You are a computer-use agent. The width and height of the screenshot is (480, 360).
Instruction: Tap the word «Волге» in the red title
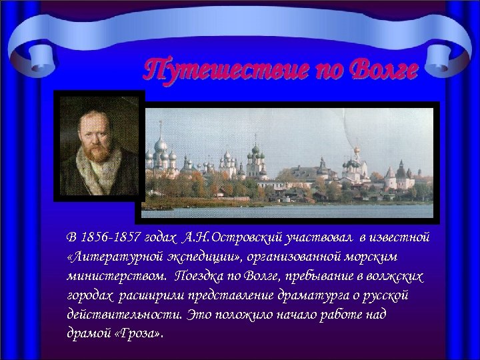click(x=384, y=69)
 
